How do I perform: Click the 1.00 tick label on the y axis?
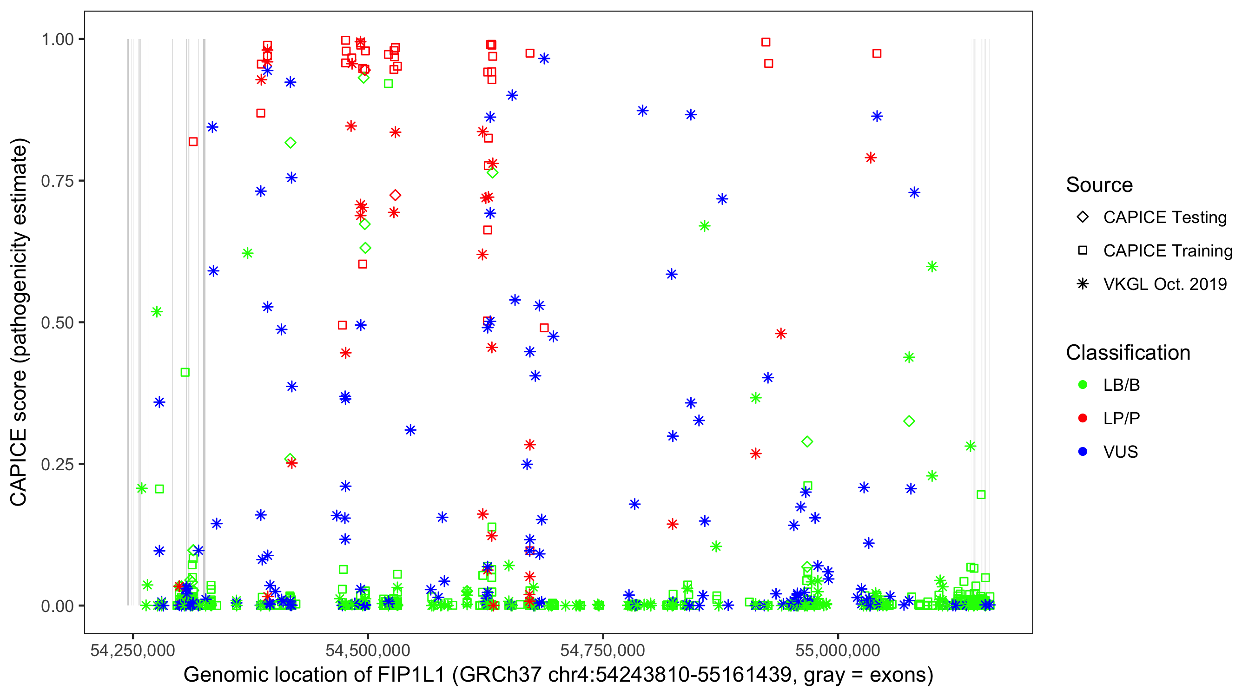pos(57,39)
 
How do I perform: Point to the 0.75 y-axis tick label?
pos(57,181)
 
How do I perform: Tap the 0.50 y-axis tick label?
pos(57,323)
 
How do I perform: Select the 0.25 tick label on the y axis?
pos(57,464)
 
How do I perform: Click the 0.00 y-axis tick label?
pos(57,606)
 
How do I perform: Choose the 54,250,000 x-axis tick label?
pos(132,650)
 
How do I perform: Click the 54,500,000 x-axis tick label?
pos(368,650)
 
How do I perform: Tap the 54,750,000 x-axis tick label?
pos(603,650)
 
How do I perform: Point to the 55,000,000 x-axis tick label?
pos(838,650)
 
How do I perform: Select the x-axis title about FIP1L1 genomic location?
pos(558,675)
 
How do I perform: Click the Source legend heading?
pos(1099,185)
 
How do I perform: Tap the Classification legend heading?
pos(1128,353)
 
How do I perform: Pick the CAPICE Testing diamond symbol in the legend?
pos(1083,217)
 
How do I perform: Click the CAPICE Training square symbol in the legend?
pos(1083,251)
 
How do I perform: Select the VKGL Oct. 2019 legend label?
pos(1165,284)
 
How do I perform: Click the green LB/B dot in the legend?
pos(1083,385)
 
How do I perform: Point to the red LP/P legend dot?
pos(1083,418)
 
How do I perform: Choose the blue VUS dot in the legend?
pos(1083,452)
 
